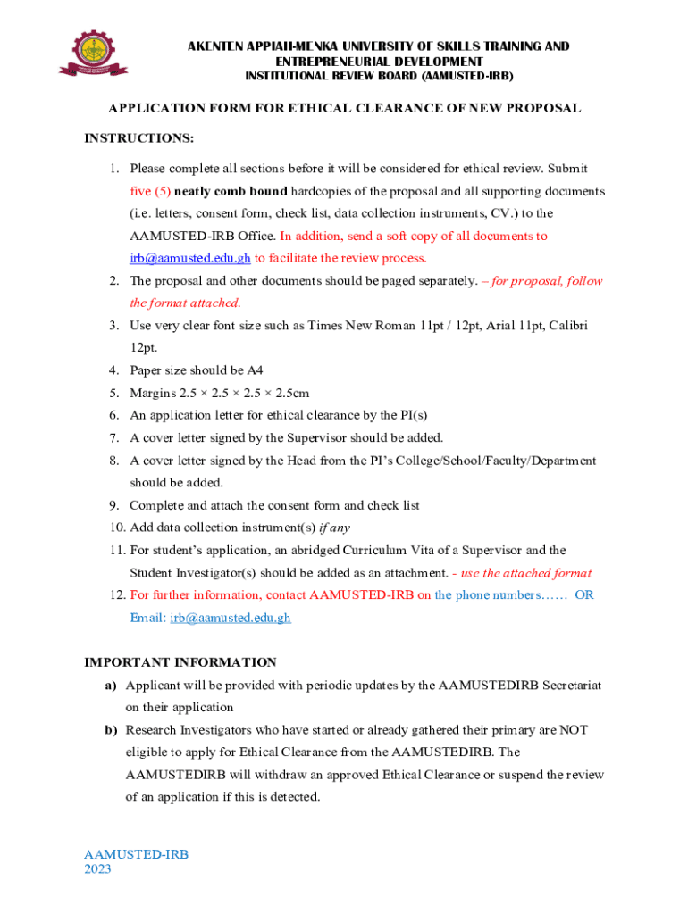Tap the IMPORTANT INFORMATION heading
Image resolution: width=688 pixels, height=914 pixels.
click(x=180, y=662)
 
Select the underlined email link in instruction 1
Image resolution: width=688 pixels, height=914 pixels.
click(x=189, y=259)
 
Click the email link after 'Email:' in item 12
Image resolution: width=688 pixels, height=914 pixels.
click(x=231, y=618)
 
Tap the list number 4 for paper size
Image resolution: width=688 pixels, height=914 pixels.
click(x=114, y=370)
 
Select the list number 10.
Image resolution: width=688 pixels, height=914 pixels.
click(x=115, y=528)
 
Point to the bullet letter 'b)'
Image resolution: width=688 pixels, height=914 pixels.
click(x=111, y=730)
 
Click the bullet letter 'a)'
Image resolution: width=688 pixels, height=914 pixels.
click(x=111, y=685)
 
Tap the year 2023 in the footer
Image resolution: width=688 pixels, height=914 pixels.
click(x=97, y=869)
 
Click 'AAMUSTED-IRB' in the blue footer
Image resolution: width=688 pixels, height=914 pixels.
click(x=136, y=854)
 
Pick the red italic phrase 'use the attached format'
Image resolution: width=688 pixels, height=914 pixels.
click(x=525, y=573)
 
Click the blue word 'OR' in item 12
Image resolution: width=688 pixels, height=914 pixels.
click(x=583, y=595)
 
